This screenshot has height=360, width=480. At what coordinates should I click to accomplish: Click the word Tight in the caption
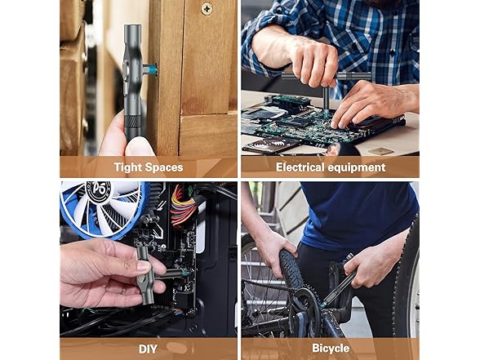pyautogui.click(x=128, y=167)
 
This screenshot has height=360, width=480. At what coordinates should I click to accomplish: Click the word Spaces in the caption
pyautogui.click(x=164, y=167)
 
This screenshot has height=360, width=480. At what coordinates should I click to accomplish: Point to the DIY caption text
pyautogui.click(x=148, y=349)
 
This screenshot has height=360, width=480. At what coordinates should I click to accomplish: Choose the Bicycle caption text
pyautogui.click(x=331, y=348)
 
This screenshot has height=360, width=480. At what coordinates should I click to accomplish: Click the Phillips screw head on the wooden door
pyautogui.click(x=207, y=8)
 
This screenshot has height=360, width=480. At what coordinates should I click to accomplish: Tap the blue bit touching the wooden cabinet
pyautogui.click(x=152, y=69)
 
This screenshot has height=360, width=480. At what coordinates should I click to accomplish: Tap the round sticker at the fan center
pyautogui.click(x=100, y=191)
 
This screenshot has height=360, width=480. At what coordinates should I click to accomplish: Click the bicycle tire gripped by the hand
pyautogui.click(x=291, y=269)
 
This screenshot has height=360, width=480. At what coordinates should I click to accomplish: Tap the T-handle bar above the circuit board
pyautogui.click(x=326, y=76)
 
